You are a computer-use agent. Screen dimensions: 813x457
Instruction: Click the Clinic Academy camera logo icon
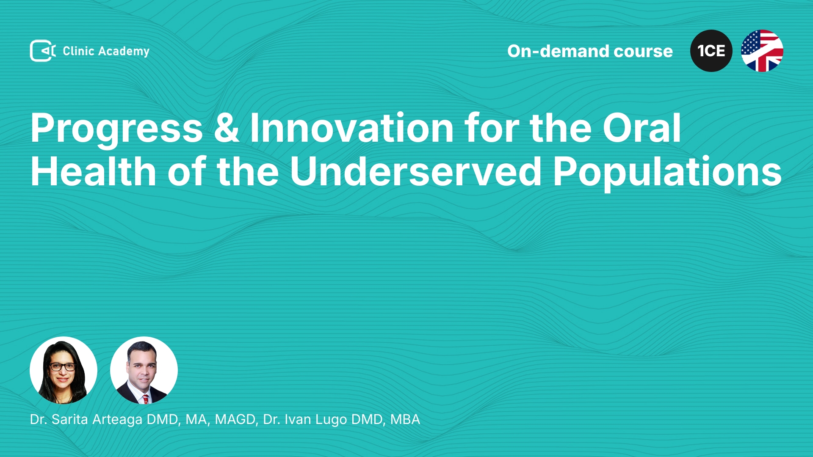43,51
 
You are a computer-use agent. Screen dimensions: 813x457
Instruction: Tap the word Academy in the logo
124,52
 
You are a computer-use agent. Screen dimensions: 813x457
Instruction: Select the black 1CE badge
711,51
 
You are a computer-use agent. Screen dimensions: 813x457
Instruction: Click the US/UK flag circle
762,51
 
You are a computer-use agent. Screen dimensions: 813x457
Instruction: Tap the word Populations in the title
667,172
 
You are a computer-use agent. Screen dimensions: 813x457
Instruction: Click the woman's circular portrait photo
64,370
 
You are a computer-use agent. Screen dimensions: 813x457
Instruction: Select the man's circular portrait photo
144,370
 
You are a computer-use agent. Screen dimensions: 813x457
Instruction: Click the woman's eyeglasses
62,366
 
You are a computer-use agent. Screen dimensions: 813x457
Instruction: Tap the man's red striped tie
145,399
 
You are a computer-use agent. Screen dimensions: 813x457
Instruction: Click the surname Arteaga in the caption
117,420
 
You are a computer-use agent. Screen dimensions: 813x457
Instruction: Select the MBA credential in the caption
405,419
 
